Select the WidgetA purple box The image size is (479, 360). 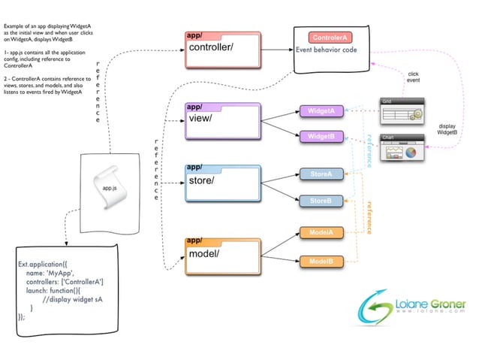[x=321, y=111]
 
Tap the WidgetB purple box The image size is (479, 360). [x=321, y=137]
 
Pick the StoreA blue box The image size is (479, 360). [x=321, y=174]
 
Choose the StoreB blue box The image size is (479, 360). [x=321, y=201]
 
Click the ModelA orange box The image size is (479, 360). [x=321, y=233]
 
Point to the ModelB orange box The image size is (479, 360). [x=321, y=261]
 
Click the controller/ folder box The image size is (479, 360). [x=223, y=50]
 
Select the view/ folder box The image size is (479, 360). [x=223, y=121]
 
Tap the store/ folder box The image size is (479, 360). [x=223, y=183]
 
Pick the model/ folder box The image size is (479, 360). [x=223, y=256]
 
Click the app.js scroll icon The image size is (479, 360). [x=105, y=185]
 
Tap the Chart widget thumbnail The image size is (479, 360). [x=401, y=149]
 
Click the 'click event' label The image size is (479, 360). [x=414, y=77]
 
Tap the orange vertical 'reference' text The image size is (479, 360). [x=369, y=218]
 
